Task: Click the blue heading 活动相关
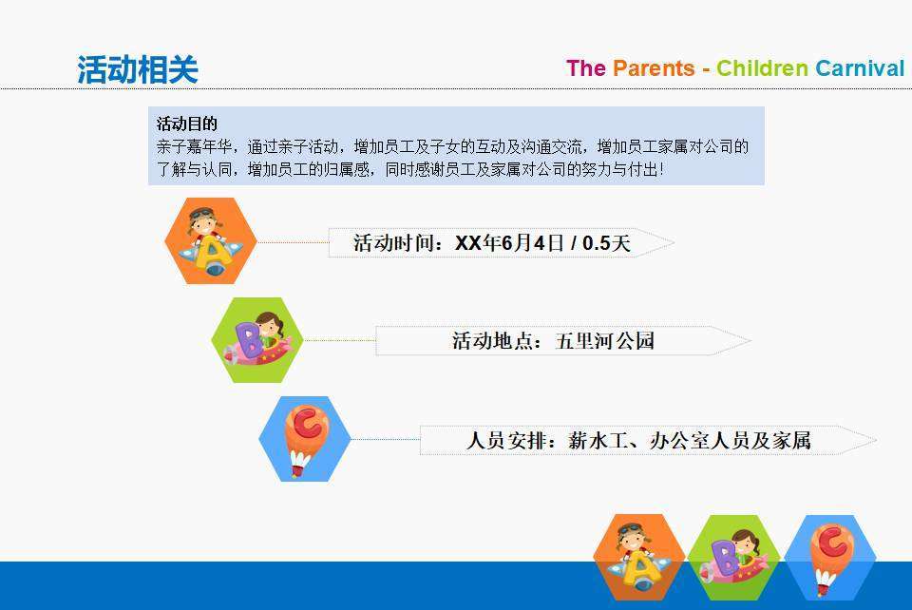[138, 69]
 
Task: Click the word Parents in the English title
[654, 68]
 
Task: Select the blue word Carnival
[860, 68]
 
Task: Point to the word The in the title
[586, 68]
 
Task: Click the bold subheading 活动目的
[187, 124]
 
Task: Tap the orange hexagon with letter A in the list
[211, 240]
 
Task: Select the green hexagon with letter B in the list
[257, 340]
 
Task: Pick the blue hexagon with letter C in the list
[305, 439]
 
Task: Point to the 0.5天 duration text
[606, 243]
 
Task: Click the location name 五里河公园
[605, 341]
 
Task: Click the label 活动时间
[393, 243]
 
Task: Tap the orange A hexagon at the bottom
[638, 558]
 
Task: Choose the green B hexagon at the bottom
[734, 558]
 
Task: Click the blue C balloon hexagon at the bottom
[830, 558]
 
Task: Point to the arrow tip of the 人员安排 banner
[876, 440]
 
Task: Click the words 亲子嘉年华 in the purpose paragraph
[194, 146]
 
